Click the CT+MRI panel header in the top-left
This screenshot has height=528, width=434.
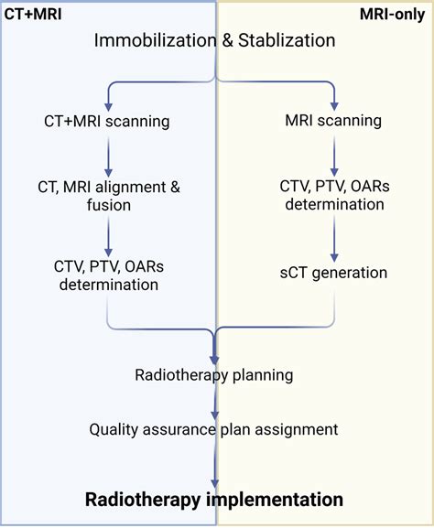[35, 16]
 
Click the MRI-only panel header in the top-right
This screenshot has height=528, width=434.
[395, 16]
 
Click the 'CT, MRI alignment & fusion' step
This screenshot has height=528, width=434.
[109, 196]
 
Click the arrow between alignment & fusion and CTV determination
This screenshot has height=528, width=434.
[108, 236]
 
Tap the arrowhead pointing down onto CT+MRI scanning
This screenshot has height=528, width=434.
[108, 101]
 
